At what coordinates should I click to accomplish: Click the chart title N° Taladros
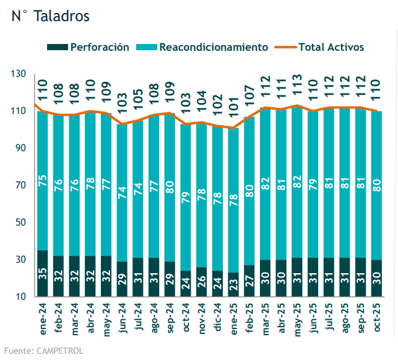pyautogui.click(x=50, y=16)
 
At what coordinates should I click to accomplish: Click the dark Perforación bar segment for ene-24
pyautogui.click(x=43, y=273)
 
